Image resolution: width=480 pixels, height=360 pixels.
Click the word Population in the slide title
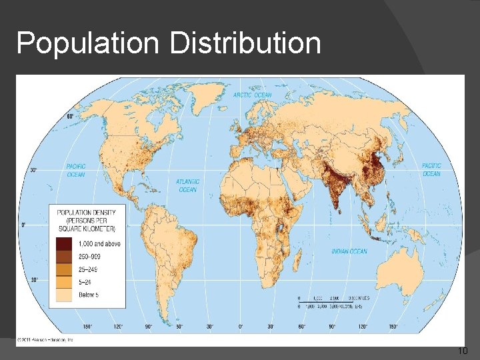pyautogui.click(x=88, y=44)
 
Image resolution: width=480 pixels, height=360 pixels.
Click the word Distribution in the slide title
pyautogui.click(x=245, y=44)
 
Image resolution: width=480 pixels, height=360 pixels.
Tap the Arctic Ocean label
pyautogui.click(x=252, y=95)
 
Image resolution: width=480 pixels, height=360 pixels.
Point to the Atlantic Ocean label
pyautogui.click(x=187, y=185)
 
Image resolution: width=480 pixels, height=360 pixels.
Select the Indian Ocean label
pyautogui.click(x=349, y=251)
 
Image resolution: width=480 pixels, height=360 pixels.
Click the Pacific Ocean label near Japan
pyautogui.click(x=431, y=169)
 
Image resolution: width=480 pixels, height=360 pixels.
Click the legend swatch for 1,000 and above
pyautogui.click(x=65, y=243)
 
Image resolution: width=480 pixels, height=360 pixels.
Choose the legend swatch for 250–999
pyautogui.click(x=65, y=256)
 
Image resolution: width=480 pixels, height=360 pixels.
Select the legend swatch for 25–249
pyautogui.click(x=65, y=269)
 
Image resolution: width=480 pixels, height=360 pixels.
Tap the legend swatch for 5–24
pyautogui.click(x=65, y=281)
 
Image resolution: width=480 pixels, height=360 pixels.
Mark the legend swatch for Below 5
pyautogui.click(x=65, y=294)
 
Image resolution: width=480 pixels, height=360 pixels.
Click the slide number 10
pyautogui.click(x=463, y=351)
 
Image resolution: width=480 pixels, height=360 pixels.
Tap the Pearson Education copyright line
pyautogui.click(x=46, y=340)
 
